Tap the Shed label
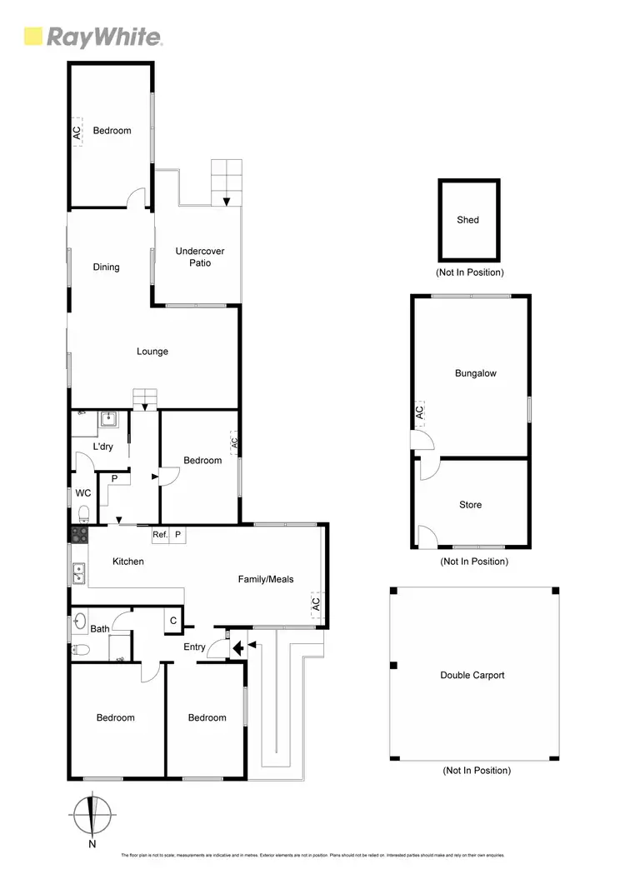468,220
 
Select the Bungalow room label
475,373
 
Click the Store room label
470,505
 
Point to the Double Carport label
472,675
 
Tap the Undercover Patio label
199,257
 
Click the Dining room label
106,267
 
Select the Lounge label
152,352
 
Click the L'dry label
102,447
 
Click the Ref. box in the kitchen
160,535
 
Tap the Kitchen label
128,562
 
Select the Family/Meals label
266,579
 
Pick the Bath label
100,629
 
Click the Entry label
194,647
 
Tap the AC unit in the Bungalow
420,412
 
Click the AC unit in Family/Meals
315,605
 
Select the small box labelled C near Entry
173,620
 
